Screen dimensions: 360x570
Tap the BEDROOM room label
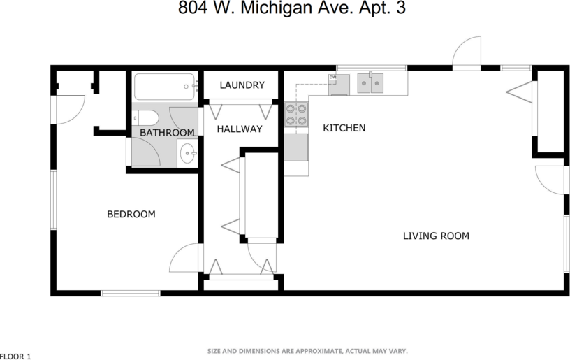click(x=131, y=214)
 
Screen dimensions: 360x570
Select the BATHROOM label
click(x=166, y=133)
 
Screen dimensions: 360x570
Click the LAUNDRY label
click(x=242, y=85)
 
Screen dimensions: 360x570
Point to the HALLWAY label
click(x=239, y=129)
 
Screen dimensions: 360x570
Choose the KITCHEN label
click(x=344, y=128)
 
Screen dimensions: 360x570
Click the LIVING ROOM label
click(x=436, y=236)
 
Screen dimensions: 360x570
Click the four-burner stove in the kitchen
click(x=296, y=115)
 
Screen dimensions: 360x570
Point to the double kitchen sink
click(x=370, y=84)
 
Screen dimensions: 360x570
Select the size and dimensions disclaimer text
click(x=307, y=351)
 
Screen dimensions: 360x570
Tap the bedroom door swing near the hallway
click(x=184, y=259)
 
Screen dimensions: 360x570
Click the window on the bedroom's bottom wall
click(x=131, y=293)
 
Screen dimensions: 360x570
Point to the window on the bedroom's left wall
click(x=52, y=200)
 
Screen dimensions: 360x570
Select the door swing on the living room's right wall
click(x=550, y=180)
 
